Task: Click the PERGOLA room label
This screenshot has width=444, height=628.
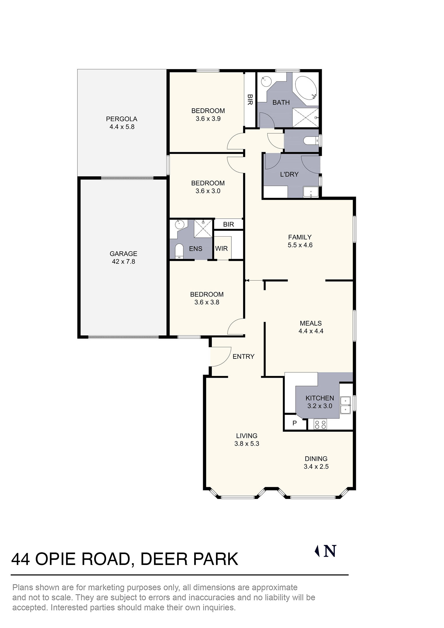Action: coord(121,119)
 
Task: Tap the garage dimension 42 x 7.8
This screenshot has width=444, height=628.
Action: coord(123,262)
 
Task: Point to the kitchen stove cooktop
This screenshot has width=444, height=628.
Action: coord(320,424)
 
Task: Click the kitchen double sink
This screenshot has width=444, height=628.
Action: coord(345,405)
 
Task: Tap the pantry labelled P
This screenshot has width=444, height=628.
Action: coord(294,423)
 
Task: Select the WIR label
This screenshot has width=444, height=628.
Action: coord(221,248)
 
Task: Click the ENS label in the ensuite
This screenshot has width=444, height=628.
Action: coord(196,249)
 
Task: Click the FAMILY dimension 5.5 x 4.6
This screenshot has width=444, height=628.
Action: coord(300,245)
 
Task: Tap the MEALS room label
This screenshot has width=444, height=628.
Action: coord(311,323)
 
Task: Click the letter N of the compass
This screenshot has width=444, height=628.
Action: coord(330,551)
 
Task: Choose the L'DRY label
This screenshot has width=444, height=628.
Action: coord(289,174)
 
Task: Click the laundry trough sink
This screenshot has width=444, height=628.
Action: coord(311,192)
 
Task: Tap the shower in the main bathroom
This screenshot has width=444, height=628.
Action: coord(305,118)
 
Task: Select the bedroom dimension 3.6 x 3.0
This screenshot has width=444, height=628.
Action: coord(208,191)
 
